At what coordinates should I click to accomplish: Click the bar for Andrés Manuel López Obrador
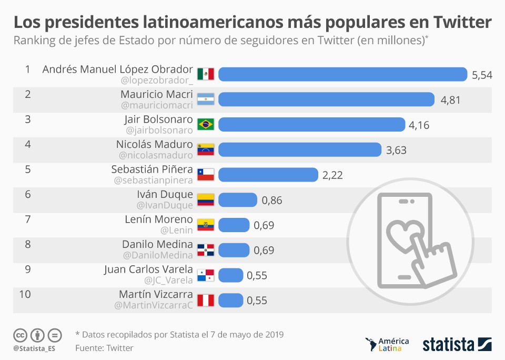[x=342, y=75]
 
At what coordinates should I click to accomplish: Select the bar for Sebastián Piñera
[x=268, y=175]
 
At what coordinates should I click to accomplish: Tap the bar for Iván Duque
[x=237, y=200]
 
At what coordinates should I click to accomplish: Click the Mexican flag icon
[x=205, y=74]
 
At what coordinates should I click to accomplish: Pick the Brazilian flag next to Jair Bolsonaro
[x=205, y=124]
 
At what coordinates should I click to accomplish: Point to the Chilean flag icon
[x=205, y=175]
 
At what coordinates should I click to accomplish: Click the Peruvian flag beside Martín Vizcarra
[x=205, y=301]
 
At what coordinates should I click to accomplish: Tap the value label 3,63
[x=396, y=150]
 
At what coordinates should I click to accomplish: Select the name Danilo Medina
[x=157, y=244]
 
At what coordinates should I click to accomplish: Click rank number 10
[x=25, y=294]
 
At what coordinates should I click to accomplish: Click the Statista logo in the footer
[x=457, y=344]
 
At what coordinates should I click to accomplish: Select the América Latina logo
[x=387, y=345]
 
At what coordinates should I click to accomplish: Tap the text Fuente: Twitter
[x=104, y=348]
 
